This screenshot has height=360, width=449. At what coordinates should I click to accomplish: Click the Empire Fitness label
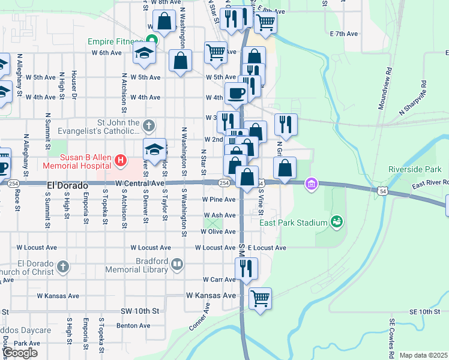[116, 42]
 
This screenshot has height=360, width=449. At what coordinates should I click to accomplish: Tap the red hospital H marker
[121, 160]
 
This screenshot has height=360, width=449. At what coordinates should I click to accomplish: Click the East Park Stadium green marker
[336, 223]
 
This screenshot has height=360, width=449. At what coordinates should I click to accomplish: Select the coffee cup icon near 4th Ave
[235, 94]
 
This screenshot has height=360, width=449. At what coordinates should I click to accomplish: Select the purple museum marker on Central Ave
[310, 183]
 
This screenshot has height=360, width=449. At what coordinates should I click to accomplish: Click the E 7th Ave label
[343, 34]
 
